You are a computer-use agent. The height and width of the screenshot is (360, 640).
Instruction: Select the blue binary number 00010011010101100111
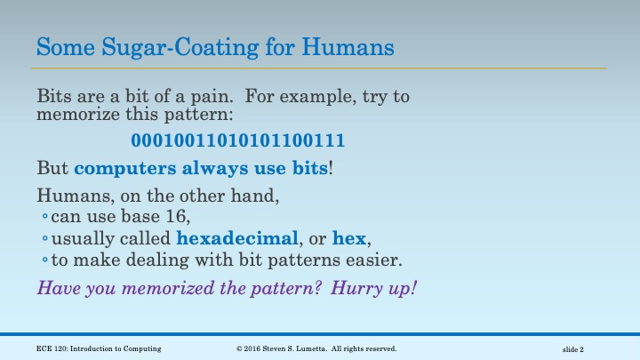click(x=238, y=140)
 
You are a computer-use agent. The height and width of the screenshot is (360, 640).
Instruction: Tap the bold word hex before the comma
click(x=348, y=238)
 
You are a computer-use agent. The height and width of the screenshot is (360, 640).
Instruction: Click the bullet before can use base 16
click(x=44, y=218)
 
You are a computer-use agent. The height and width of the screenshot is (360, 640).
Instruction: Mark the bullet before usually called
click(x=44, y=240)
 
